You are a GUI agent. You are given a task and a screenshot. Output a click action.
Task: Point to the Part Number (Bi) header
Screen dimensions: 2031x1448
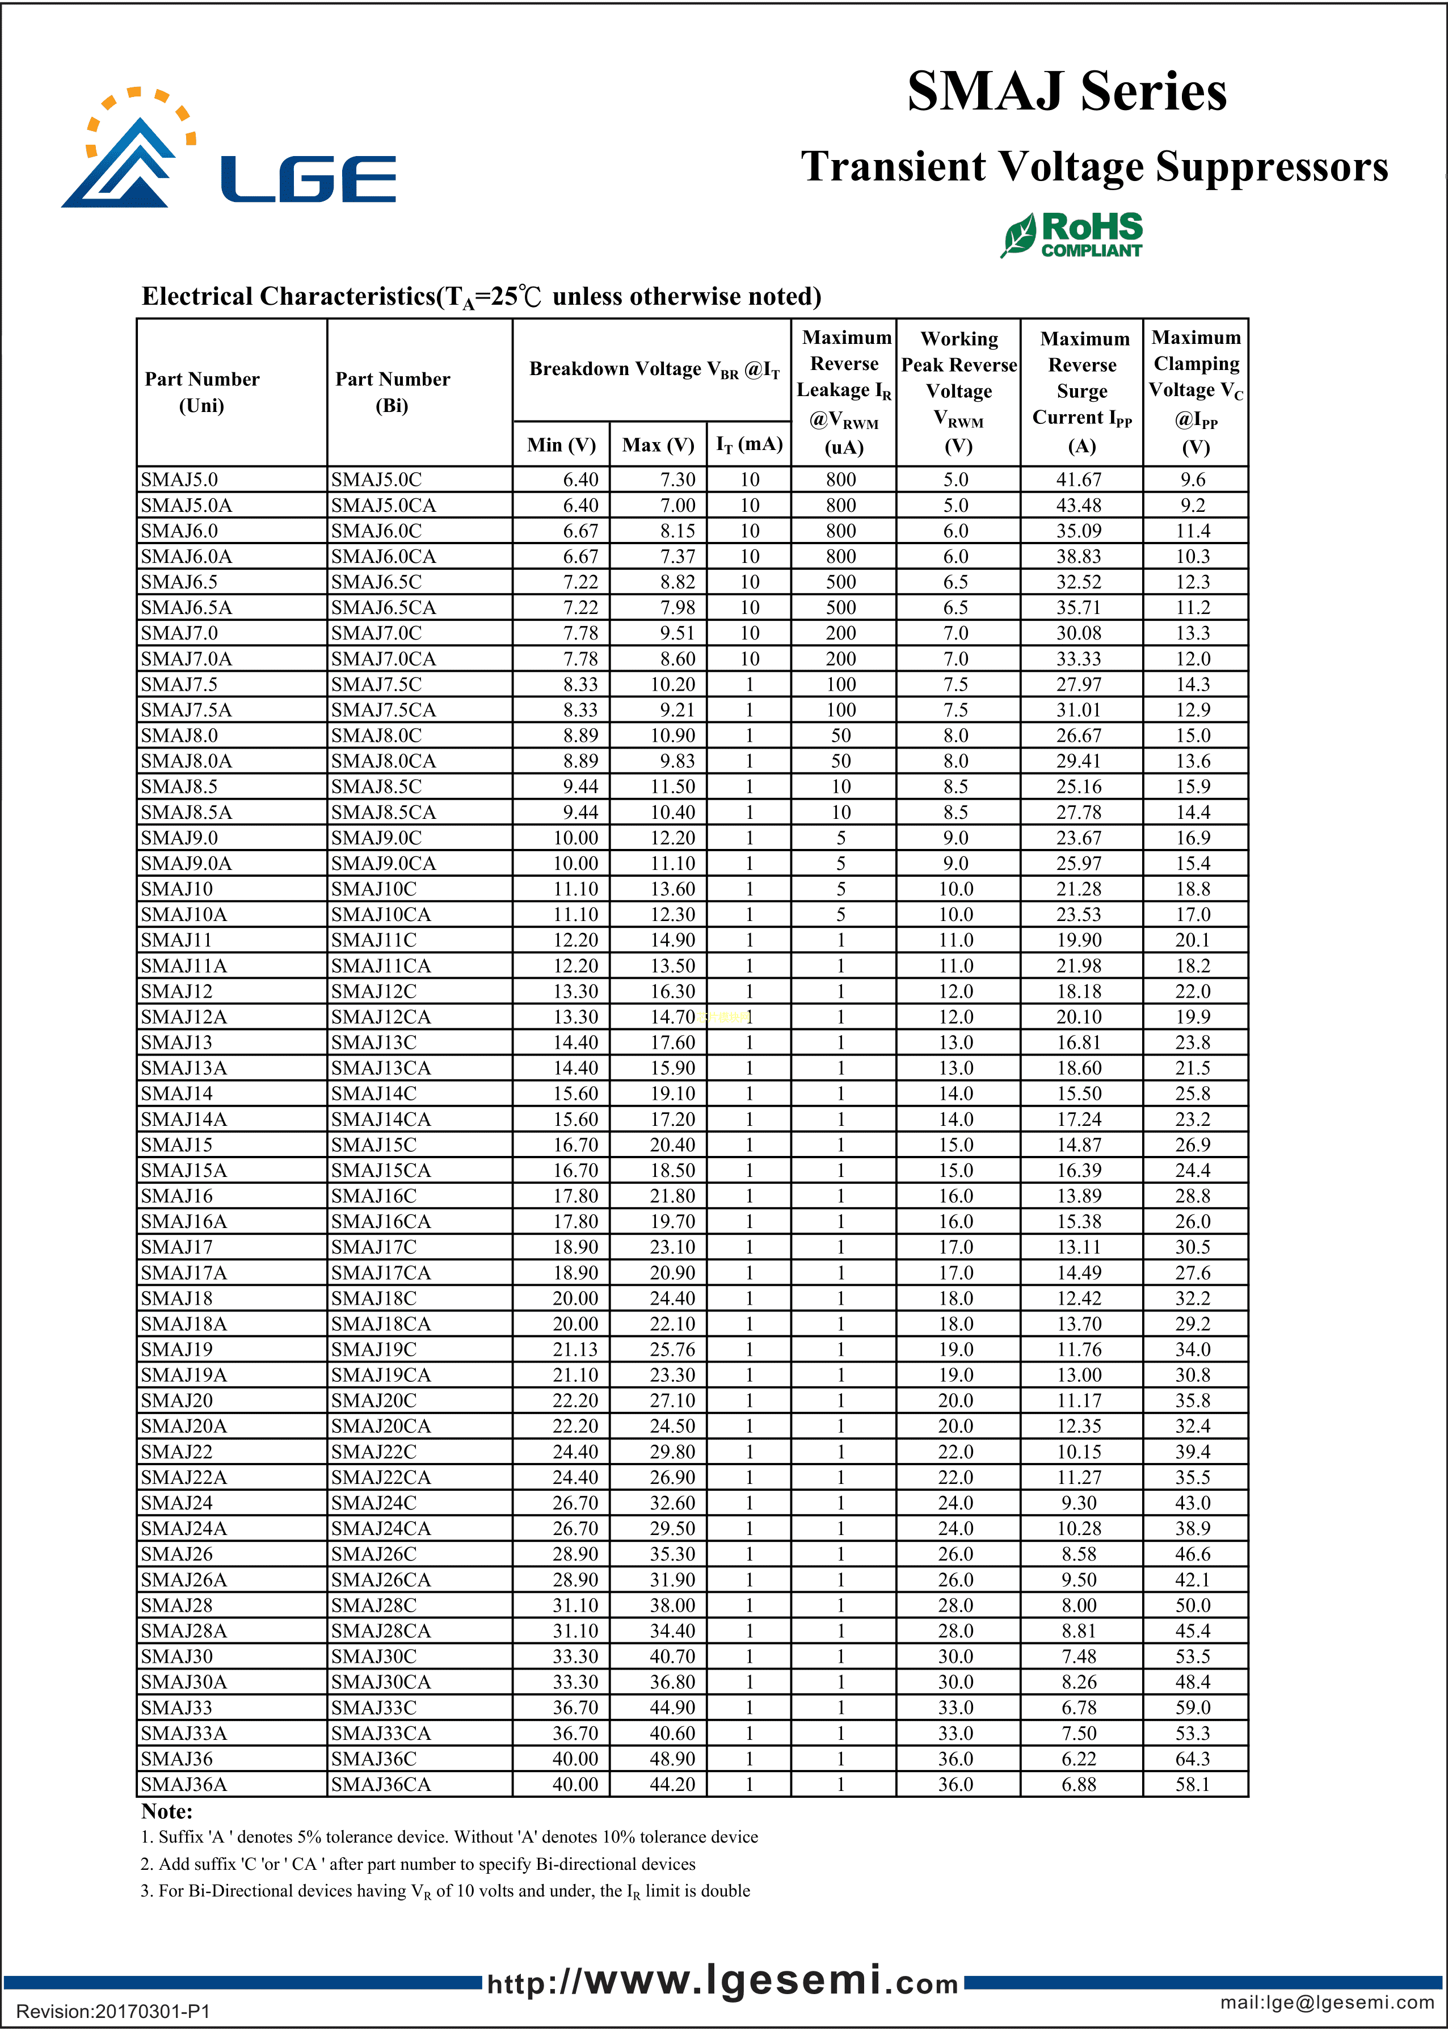[x=392, y=392]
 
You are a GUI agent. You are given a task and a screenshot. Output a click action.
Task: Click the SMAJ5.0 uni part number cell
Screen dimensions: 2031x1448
[x=179, y=480]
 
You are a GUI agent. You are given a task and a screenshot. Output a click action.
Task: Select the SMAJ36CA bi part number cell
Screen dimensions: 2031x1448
[x=381, y=1784]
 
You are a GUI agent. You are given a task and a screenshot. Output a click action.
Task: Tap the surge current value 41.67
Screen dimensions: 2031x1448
[x=1079, y=480]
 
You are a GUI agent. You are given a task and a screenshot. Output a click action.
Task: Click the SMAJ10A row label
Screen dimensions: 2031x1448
[x=184, y=915]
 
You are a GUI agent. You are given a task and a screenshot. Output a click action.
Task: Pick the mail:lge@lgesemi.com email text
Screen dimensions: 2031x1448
[x=1327, y=2003]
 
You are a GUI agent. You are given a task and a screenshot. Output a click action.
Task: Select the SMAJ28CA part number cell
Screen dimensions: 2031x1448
[x=381, y=1631]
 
